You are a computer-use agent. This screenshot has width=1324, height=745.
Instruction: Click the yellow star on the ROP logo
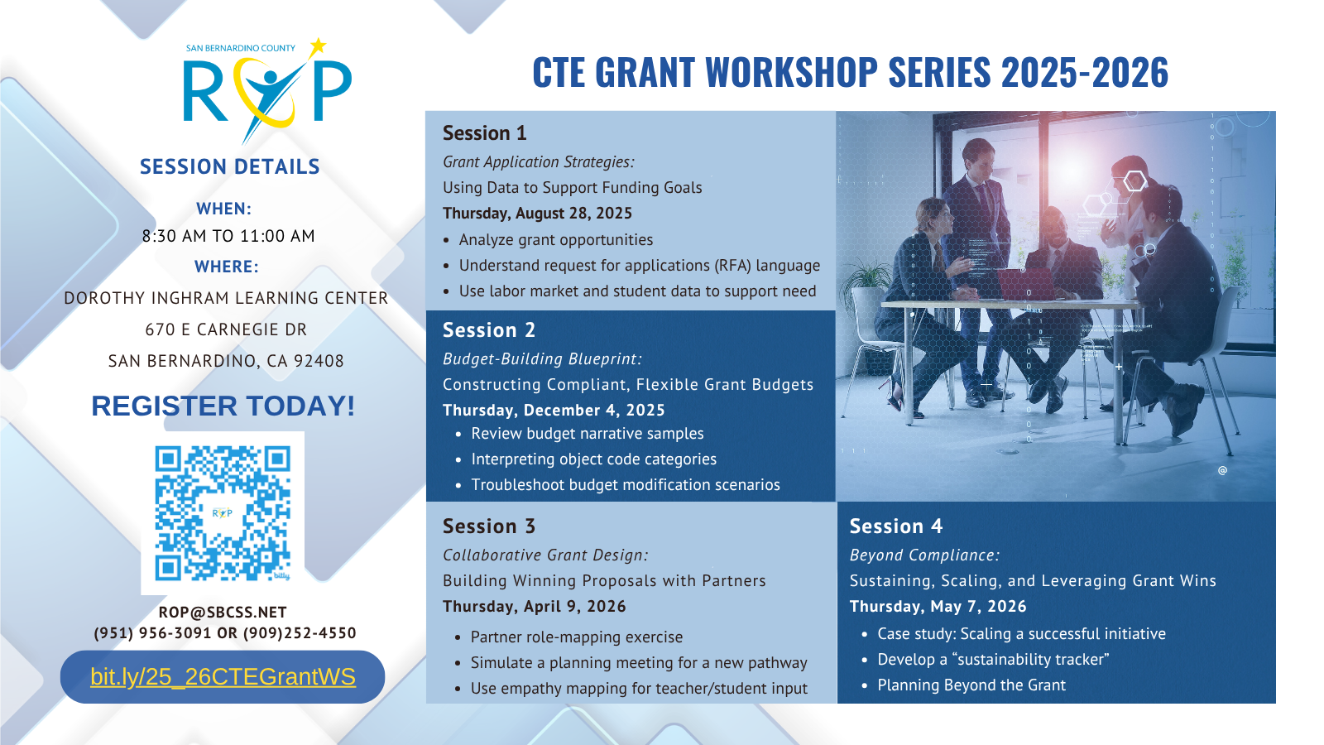(x=318, y=46)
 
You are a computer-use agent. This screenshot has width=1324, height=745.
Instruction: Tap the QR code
(x=223, y=512)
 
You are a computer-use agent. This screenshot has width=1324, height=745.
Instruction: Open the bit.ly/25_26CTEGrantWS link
(x=223, y=676)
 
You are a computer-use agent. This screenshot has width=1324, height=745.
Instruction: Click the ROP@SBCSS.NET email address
(x=223, y=612)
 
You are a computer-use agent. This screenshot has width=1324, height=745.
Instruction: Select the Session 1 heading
(x=485, y=133)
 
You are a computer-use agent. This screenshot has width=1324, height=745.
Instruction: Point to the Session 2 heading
(x=489, y=330)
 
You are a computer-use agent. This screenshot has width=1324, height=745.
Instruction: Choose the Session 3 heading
(x=489, y=526)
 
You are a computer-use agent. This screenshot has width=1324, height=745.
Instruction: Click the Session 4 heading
(x=896, y=526)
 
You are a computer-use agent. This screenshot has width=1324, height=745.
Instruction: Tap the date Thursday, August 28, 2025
(x=537, y=214)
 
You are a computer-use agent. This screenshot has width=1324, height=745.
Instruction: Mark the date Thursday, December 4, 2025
(x=554, y=411)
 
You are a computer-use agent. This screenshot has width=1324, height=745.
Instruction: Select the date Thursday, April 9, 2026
(x=535, y=607)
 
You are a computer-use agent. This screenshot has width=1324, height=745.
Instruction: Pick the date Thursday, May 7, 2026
(x=938, y=607)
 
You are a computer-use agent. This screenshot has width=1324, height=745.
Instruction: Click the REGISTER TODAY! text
(x=223, y=406)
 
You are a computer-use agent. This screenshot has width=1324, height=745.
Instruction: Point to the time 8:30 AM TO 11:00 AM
(x=228, y=236)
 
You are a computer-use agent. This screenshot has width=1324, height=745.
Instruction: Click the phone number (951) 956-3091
(x=152, y=633)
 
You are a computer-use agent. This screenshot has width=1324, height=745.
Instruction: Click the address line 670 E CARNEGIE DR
(x=227, y=330)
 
